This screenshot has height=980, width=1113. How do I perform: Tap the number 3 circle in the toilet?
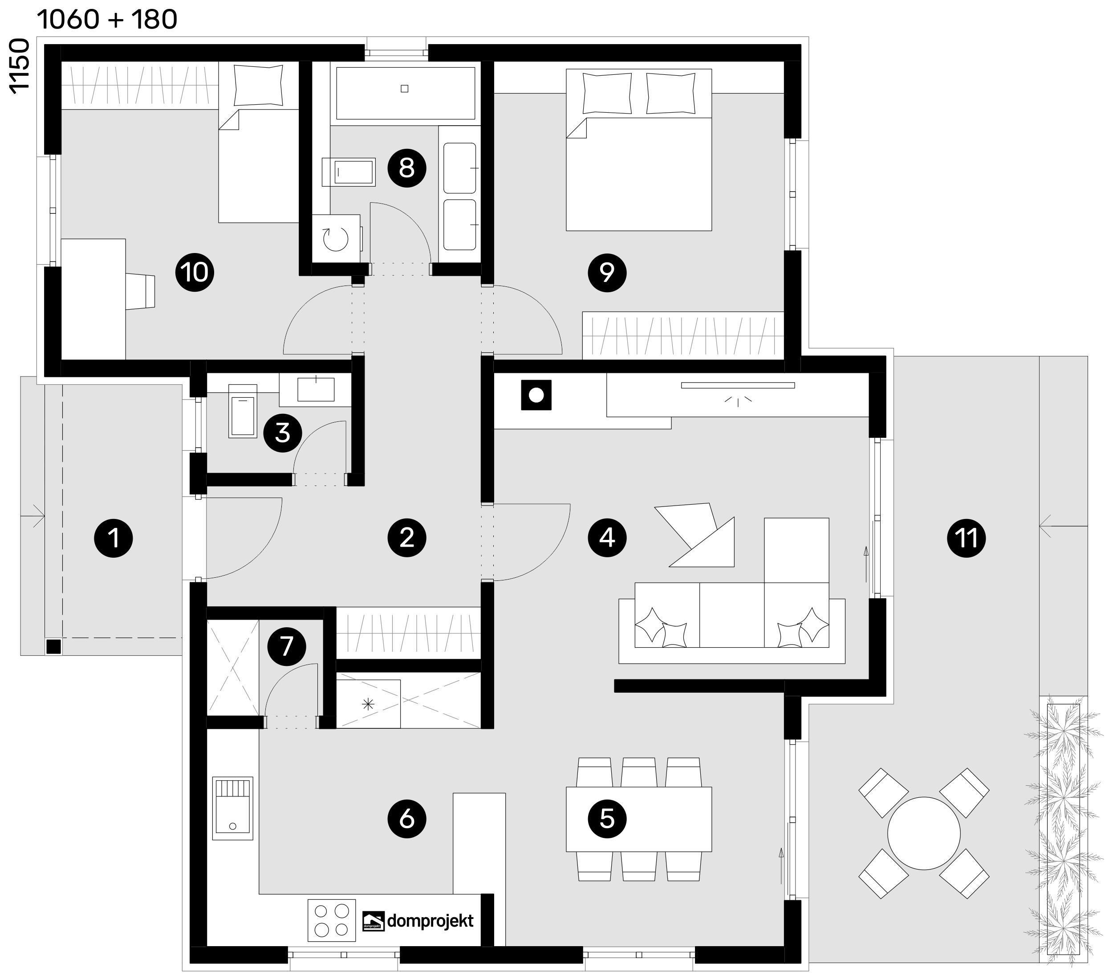(x=283, y=433)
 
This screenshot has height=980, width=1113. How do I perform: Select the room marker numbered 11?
(x=967, y=538)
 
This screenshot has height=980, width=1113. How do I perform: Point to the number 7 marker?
(x=286, y=646)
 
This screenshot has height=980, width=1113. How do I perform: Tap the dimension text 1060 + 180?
(x=107, y=20)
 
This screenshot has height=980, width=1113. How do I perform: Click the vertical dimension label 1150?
(x=19, y=66)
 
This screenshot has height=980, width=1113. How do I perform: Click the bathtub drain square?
(x=404, y=89)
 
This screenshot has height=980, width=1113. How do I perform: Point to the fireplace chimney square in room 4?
(x=536, y=395)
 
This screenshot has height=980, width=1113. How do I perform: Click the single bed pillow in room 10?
(x=258, y=86)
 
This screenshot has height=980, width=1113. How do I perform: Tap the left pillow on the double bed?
(x=607, y=93)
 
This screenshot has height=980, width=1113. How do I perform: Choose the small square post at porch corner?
(x=53, y=647)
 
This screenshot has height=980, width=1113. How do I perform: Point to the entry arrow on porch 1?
(x=32, y=515)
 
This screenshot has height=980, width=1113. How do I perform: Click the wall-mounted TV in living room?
(x=737, y=385)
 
